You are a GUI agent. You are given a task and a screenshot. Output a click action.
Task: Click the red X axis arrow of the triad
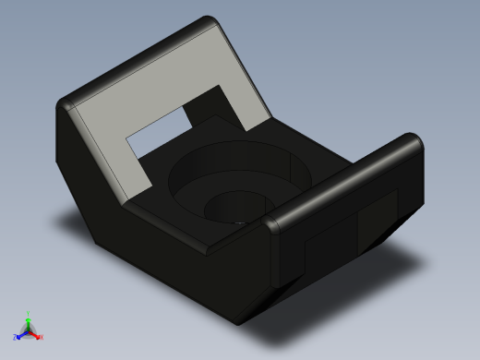[36, 334]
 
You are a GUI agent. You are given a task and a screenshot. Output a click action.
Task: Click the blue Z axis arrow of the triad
[21, 334]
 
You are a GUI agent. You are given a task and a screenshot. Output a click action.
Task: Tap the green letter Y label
[29, 313]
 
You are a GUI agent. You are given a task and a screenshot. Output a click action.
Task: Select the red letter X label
[42, 337]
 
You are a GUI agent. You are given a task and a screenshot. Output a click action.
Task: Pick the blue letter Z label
[16, 337]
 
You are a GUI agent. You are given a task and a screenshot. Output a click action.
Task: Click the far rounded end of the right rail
[413, 143]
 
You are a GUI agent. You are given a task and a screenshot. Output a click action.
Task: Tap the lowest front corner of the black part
[238, 320]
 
